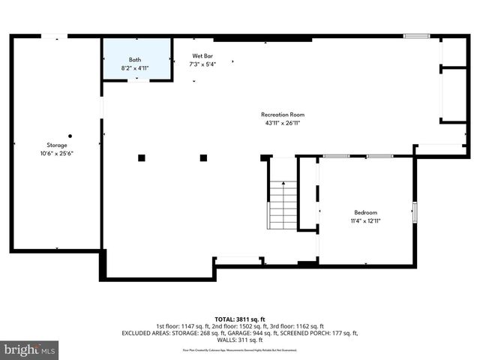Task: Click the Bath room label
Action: point(135,59)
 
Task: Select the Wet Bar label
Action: point(203,55)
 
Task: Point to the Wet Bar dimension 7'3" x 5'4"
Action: point(203,64)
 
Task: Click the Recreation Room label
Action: point(282,115)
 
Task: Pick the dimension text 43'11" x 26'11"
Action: point(282,123)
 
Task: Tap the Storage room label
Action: point(57,145)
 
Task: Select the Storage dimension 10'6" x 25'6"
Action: point(57,153)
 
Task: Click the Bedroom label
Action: point(365,212)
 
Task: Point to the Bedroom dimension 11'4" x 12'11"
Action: point(365,220)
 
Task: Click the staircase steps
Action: point(283,205)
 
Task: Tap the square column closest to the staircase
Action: point(203,157)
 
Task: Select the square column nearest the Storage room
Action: point(141,157)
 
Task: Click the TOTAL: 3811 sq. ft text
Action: point(240,319)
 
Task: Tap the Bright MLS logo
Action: point(30,349)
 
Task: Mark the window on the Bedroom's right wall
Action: point(415,212)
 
